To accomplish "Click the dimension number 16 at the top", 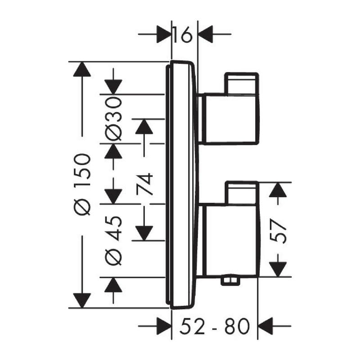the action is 182,35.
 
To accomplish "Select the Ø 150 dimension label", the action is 82,184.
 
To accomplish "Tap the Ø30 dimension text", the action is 113,119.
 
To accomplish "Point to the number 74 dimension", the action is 144,184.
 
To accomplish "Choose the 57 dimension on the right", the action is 278,230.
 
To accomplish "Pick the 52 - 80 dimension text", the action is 215,326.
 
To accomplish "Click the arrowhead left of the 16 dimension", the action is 164,34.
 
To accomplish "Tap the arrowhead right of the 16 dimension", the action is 205,34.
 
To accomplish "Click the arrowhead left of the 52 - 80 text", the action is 164,326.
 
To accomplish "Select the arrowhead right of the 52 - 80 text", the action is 265,326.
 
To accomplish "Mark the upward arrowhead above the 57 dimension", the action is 278,190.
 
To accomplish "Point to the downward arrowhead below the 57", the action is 278,269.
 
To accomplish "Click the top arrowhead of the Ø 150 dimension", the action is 82,69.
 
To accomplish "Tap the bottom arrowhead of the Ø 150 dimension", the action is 82,301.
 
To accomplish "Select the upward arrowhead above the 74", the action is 144,126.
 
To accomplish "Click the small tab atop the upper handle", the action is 242,84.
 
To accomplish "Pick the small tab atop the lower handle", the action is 242,193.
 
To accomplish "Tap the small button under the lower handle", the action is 229,281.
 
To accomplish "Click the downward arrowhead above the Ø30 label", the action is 113,87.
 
